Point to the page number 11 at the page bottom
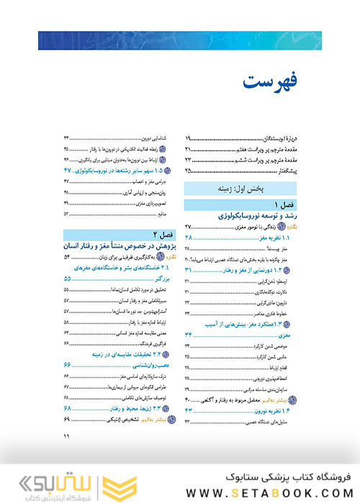66,436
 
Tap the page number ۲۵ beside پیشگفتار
189,170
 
